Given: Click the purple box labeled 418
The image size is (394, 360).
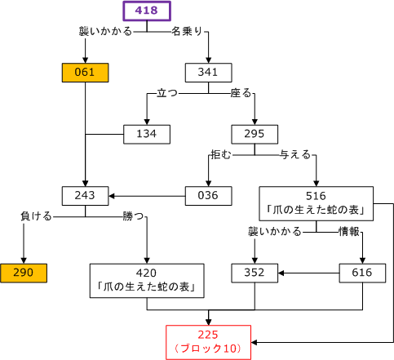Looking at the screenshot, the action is coord(147,11).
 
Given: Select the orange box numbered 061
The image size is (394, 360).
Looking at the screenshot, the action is coord(85,73).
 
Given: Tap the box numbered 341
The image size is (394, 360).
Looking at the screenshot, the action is coord(209,73).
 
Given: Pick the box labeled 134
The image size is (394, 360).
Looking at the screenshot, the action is coord(147,134).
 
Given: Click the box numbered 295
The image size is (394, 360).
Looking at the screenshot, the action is coord(255,134).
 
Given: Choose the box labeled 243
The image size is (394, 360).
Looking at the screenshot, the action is coord(85,196).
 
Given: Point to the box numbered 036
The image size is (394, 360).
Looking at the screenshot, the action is coord(209,196).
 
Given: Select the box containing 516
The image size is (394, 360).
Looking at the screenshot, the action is coord(316,203).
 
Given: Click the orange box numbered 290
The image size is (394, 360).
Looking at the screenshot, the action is coord(24,273).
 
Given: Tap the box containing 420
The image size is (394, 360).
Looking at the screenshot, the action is coord(147,281).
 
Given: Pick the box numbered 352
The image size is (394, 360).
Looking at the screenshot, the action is coord(255,273).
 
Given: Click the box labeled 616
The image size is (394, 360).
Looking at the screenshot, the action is coord(362,273).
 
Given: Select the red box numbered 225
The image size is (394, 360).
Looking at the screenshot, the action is coord(208,342).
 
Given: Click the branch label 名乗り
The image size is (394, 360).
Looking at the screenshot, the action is coord(187,32).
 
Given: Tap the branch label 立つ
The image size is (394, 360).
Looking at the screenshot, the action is coord(167,93).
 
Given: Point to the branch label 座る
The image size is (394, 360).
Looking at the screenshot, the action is coord(241,93).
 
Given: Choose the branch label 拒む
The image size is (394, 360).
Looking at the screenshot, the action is coord(221,155).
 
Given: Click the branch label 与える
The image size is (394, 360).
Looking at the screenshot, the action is coord(295,155).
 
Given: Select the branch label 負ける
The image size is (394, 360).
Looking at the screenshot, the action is coord(37,216).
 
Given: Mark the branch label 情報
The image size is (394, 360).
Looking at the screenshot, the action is coord(349,232).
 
